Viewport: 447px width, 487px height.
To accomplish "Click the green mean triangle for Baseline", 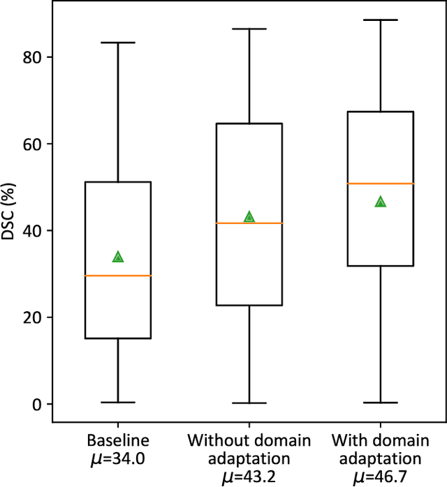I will pos(118,257).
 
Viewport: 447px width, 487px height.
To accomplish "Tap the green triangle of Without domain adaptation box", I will pos(249,217).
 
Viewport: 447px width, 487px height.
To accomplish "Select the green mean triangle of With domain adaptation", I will pos(381,202).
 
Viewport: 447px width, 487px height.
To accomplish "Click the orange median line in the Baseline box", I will pos(118,276).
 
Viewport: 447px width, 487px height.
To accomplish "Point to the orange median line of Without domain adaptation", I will pos(249,223).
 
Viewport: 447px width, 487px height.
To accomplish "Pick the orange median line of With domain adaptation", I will pos(381,183).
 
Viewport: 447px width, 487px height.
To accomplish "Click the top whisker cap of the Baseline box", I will pos(118,43).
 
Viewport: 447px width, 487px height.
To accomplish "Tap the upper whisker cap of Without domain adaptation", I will pos(249,29).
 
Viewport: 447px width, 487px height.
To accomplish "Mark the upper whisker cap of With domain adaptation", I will pos(381,20).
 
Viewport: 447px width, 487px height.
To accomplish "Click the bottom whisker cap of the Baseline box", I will pos(118,402).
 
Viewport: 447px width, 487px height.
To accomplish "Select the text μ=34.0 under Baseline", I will pos(118,459).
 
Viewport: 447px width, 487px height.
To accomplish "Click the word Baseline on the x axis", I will pos(118,441).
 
